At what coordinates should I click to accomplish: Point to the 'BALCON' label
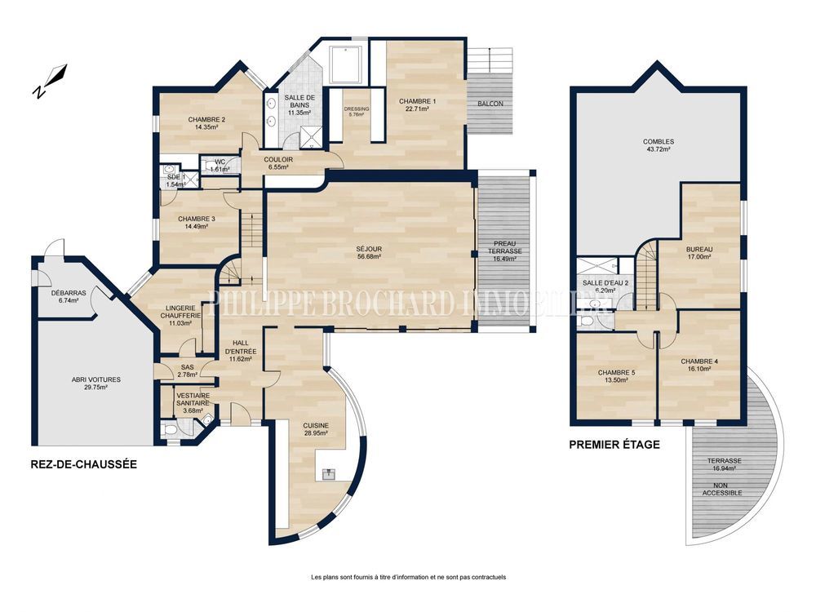coord(490,104)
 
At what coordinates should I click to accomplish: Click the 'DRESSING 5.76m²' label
coord(357,112)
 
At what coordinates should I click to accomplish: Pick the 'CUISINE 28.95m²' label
coord(316,429)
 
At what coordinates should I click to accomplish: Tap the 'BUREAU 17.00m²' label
coord(699,252)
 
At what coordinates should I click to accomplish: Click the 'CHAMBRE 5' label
coord(617,375)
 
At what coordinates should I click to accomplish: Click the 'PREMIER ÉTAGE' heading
coord(614,445)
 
